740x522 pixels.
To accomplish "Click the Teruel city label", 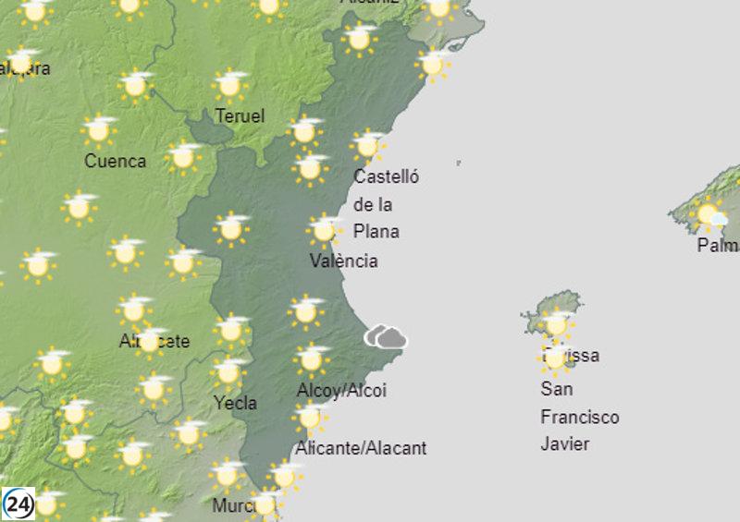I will tap(240, 116).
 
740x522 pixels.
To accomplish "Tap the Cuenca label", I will tap(115, 161).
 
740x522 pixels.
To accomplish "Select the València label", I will tap(343, 261).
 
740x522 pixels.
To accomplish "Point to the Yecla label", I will tap(234, 403).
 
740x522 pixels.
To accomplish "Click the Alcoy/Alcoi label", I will tap(341, 391).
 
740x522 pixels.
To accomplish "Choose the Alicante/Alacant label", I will tap(361, 448).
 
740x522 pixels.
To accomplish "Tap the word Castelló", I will tap(387, 176).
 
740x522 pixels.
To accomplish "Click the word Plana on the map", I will tap(376, 231).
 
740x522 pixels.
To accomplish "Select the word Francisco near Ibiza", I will tap(579, 417).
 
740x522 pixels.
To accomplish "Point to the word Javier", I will tap(565, 443).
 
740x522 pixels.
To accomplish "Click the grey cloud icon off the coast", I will tap(387, 337).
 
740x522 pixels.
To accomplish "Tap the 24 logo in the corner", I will tap(18, 504).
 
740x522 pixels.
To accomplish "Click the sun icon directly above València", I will tap(325, 230).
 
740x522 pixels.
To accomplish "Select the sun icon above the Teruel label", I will tap(230, 85).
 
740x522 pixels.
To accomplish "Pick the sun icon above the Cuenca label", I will tap(98, 130).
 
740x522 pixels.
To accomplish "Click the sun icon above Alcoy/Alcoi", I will tap(312, 358).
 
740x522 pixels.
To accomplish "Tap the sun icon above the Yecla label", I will tap(228, 372).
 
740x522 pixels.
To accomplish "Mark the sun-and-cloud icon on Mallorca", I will tap(710, 215).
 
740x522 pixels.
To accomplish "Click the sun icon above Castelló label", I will tap(368, 145).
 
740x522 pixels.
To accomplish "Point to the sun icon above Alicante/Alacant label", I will tap(310, 418).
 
